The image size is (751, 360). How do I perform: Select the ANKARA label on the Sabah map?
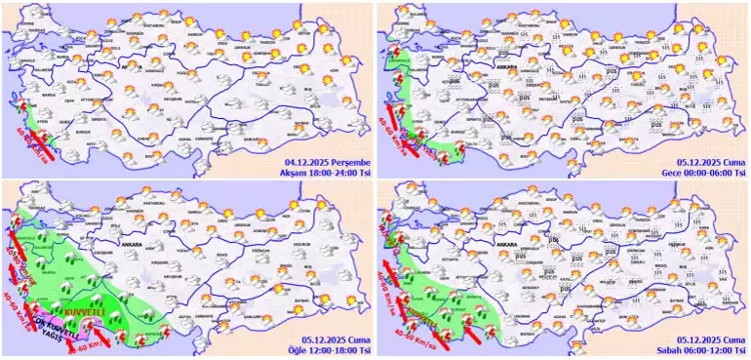click(x=505, y=244)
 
